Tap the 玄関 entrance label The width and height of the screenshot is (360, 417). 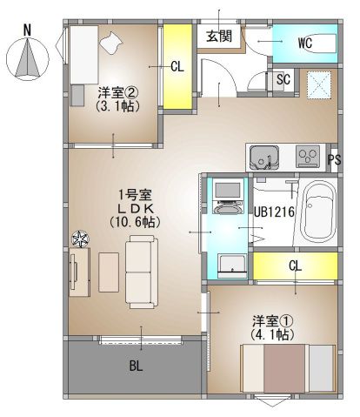[x=219, y=36]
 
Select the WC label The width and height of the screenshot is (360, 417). [x=305, y=42]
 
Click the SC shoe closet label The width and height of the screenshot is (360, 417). [x=283, y=79]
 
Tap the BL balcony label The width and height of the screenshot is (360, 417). [x=136, y=367]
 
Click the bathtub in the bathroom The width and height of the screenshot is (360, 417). [x=317, y=213]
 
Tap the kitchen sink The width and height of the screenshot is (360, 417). [x=263, y=158]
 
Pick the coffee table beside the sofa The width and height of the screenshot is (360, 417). [x=109, y=271]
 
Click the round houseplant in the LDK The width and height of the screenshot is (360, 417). [x=80, y=238]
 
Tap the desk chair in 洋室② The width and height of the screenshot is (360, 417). [x=112, y=42]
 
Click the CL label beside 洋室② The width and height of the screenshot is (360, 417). [x=177, y=66]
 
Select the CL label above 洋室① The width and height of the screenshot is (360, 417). [x=295, y=265]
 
